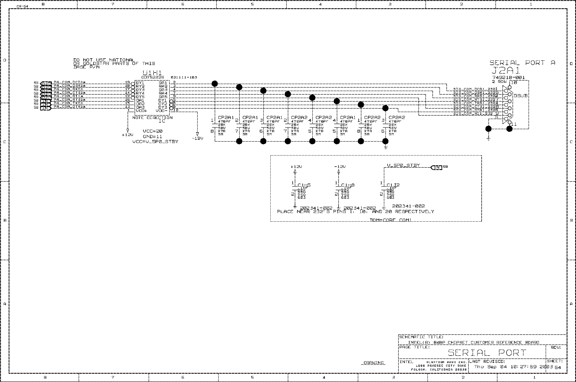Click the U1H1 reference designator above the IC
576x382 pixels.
[x=152, y=73]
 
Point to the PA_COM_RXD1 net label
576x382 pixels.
[x=68, y=89]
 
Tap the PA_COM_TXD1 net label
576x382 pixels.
[x=68, y=103]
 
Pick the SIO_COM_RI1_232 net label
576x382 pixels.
[x=473, y=114]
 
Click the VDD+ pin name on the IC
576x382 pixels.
[x=142, y=111]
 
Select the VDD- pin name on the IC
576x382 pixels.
[x=161, y=111]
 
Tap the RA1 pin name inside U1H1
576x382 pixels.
[x=163, y=83]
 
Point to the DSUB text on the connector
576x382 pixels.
[x=521, y=96]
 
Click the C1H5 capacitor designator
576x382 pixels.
[x=304, y=185]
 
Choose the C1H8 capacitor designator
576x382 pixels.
[x=348, y=185]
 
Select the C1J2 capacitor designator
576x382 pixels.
[x=393, y=185]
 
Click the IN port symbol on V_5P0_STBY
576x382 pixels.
[x=436, y=167]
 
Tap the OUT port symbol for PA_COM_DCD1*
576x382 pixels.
[x=46, y=83]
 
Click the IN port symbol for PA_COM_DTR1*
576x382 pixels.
[x=46, y=107]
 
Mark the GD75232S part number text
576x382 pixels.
[x=153, y=77]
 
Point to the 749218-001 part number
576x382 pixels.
[x=509, y=77]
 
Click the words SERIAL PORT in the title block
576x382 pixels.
[x=487, y=353]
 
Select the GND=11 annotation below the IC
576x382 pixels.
[x=152, y=137]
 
